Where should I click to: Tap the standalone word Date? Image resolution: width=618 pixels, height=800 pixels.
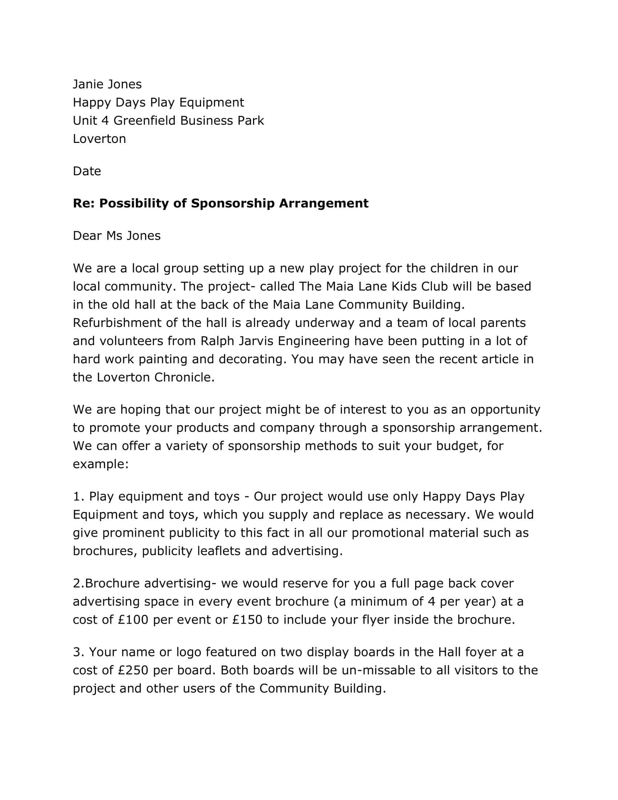click(87, 171)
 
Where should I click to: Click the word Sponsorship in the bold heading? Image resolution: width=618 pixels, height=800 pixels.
click(233, 203)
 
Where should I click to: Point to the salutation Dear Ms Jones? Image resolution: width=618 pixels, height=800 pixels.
click(116, 236)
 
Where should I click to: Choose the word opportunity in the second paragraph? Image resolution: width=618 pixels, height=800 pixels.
click(505, 409)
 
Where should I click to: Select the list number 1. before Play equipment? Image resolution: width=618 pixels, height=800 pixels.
click(79, 496)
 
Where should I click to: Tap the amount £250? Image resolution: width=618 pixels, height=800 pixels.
click(133, 670)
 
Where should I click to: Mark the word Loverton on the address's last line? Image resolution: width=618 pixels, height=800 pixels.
click(99, 139)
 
